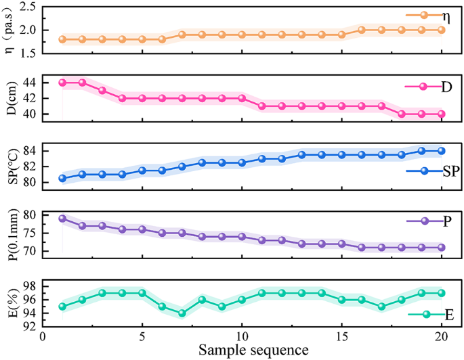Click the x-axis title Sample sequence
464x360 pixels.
click(253, 350)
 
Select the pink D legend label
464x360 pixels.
click(446, 87)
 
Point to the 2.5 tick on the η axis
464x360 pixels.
click(28, 7)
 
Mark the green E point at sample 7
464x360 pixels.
click(182, 313)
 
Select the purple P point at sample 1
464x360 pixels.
click(62, 219)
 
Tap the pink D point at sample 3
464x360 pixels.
click(102, 90)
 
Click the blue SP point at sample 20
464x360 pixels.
click(442, 151)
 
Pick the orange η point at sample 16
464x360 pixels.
click(362, 30)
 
